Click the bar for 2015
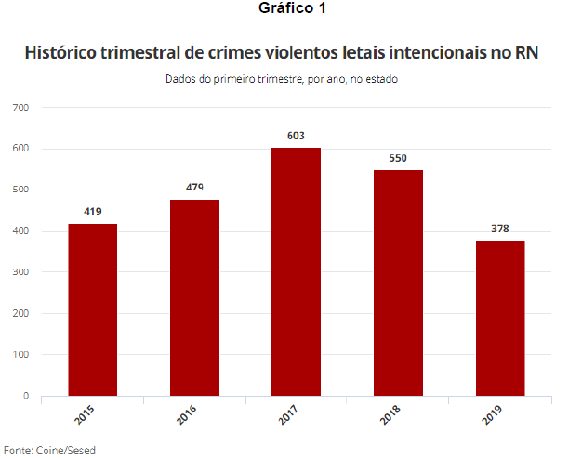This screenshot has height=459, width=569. [92, 309]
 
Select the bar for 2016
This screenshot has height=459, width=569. [194, 297]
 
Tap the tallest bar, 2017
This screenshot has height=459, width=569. [297, 271]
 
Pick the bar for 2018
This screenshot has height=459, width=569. [398, 282]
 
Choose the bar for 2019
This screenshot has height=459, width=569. [500, 318]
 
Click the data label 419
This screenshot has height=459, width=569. [92, 211]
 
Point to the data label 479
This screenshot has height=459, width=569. [194, 187]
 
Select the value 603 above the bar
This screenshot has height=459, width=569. [297, 136]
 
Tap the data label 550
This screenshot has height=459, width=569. [398, 158]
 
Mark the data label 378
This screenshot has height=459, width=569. [500, 229]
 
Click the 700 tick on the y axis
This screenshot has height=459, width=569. [21, 108]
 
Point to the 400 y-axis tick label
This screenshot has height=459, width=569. [21, 231]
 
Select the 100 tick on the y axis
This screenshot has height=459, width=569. [21, 355]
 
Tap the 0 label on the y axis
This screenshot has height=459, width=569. [27, 396]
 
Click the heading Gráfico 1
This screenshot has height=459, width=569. [284, 9]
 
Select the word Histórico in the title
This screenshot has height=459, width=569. [66, 51]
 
